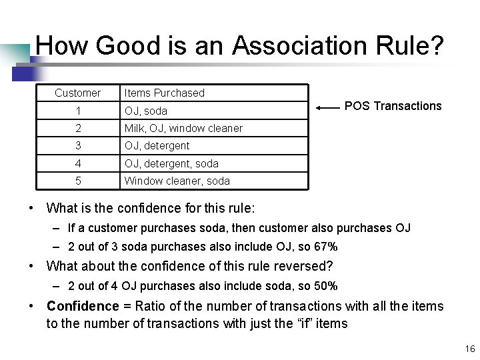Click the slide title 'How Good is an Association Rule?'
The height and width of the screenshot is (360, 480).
(239, 46)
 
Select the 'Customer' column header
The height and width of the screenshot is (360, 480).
(77, 93)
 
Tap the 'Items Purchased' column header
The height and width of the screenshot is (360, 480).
(164, 93)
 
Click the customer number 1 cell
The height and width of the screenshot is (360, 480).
(78, 111)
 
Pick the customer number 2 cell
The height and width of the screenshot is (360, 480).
(78, 128)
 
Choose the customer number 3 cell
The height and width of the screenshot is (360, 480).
(78, 145)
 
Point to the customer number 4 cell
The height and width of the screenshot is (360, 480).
(78, 163)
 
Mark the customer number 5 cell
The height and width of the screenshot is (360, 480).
(78, 181)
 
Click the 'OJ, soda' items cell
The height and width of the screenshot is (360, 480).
(145, 111)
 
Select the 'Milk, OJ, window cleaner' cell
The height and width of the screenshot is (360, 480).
(183, 128)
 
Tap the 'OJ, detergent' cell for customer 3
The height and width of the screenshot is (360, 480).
(157, 145)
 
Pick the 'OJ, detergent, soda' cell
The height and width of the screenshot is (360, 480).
(171, 163)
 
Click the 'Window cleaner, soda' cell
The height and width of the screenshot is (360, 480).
(177, 181)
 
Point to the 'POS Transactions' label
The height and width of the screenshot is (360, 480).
(393, 106)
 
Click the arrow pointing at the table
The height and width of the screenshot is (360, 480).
(327, 107)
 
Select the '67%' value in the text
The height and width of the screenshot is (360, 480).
(326, 247)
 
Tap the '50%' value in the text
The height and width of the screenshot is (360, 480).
(326, 287)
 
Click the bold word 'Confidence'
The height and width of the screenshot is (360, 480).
(82, 306)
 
